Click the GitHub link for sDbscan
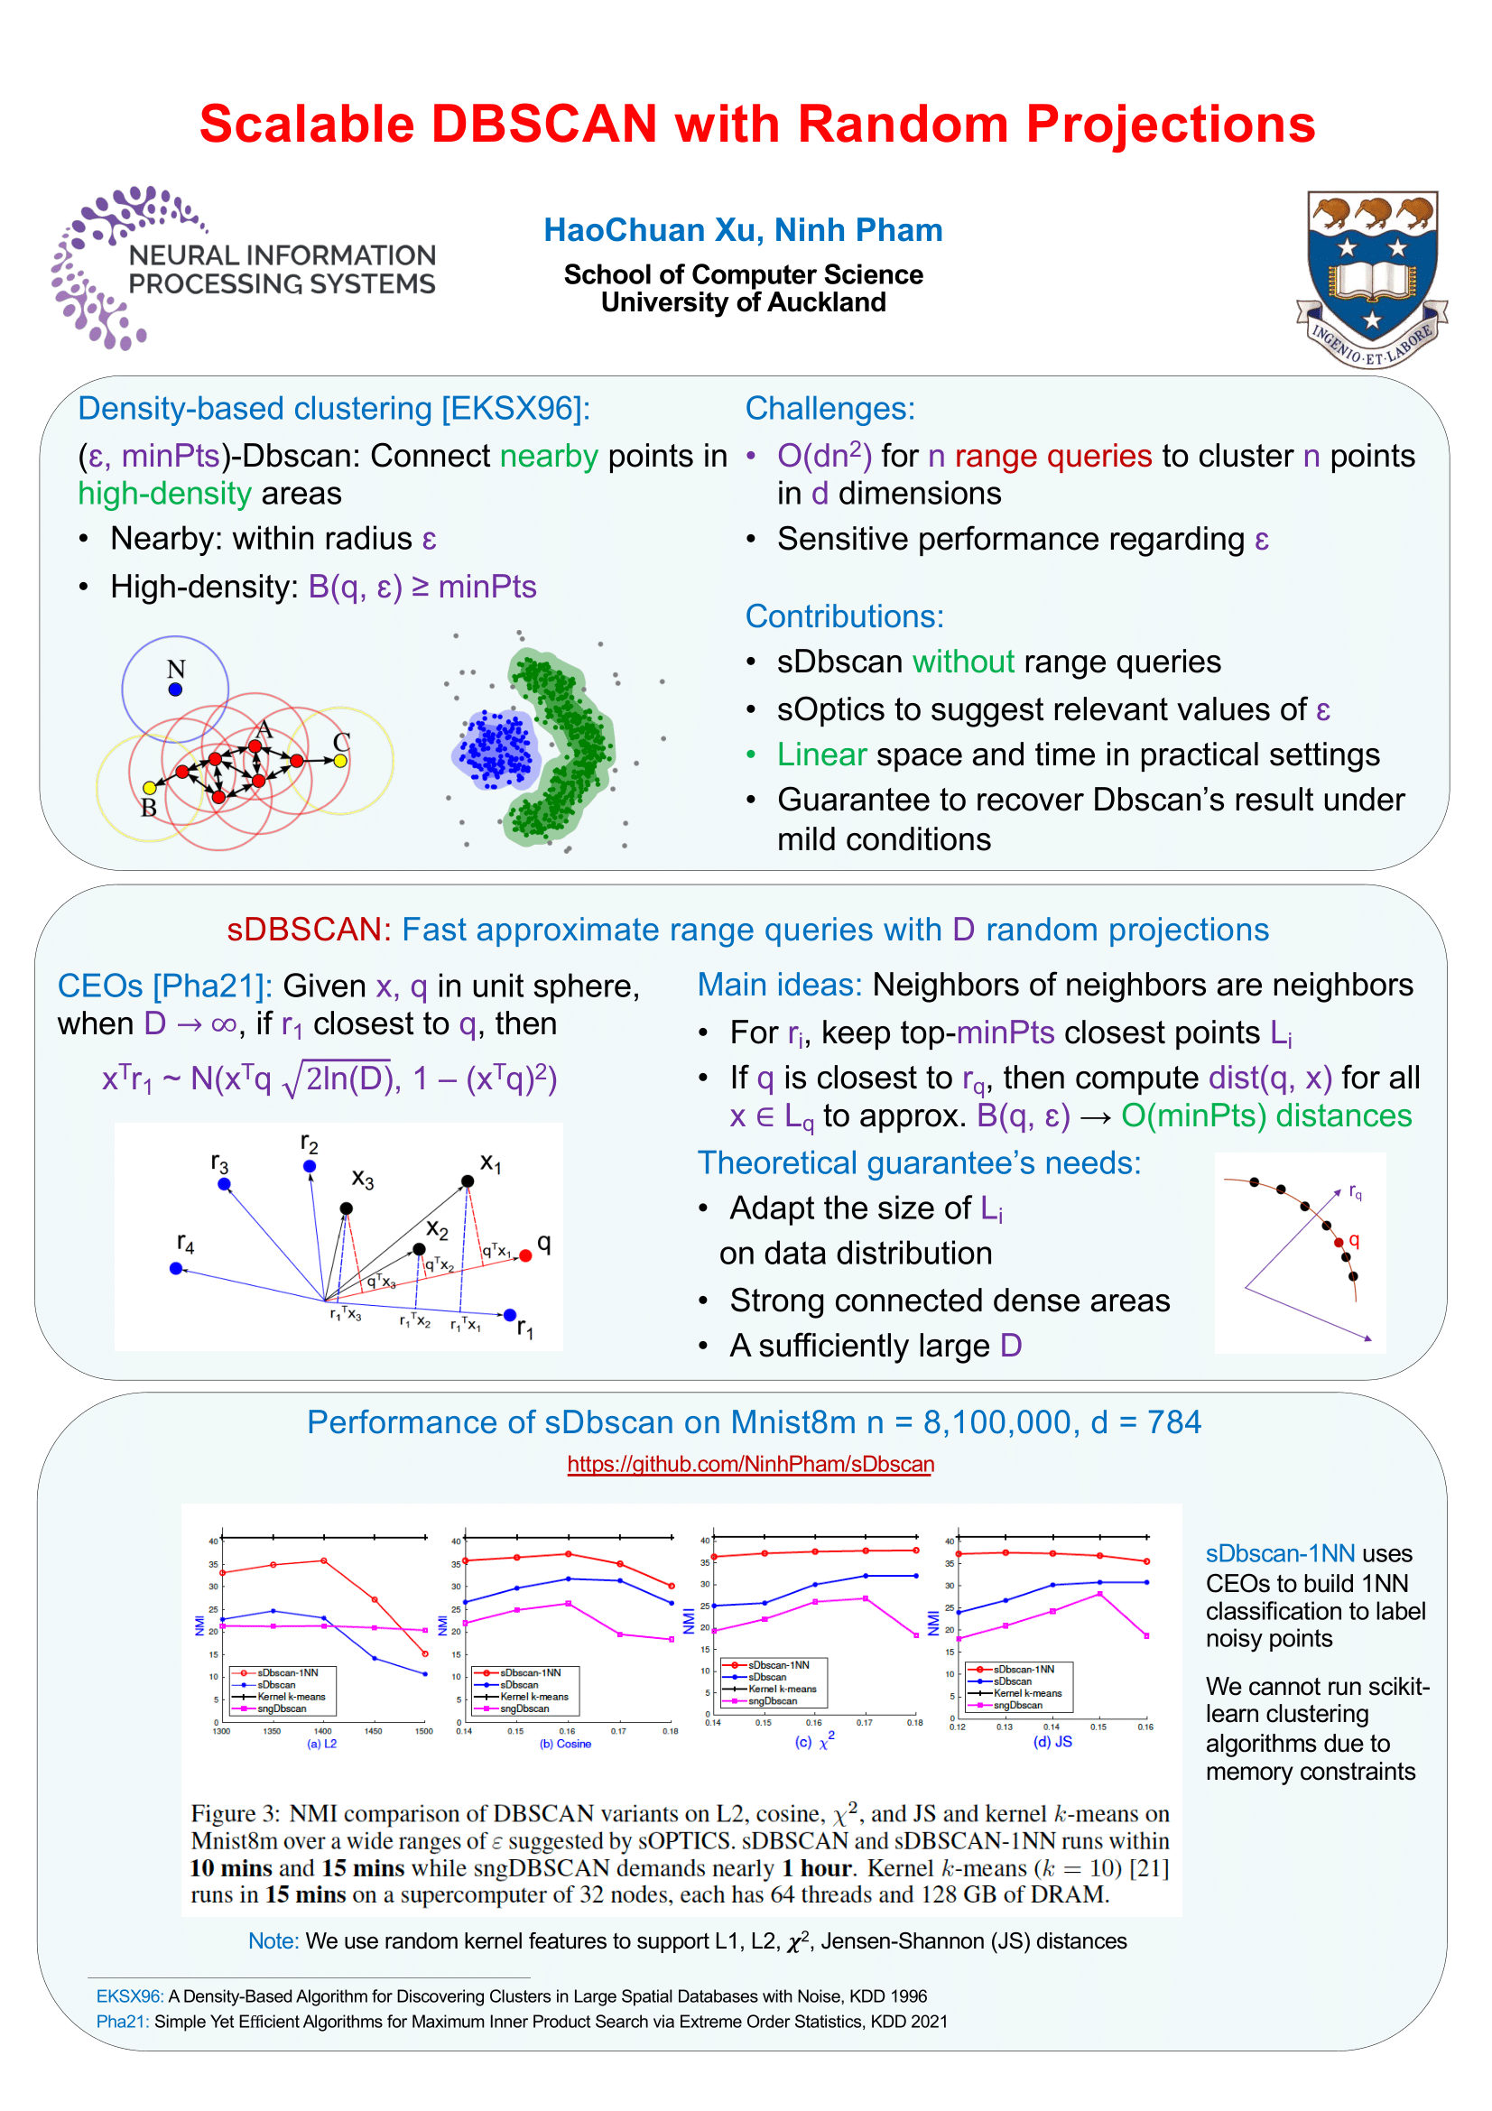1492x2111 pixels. [x=750, y=1464]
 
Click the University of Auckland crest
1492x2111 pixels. [x=1371, y=278]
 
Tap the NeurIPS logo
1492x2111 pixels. [x=244, y=268]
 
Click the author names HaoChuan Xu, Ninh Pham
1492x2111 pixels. [x=743, y=230]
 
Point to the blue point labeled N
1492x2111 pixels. [x=176, y=690]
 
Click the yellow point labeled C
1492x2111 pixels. [x=340, y=760]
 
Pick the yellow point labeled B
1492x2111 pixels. [x=150, y=788]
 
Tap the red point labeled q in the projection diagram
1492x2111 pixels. [x=526, y=1256]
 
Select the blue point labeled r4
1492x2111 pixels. [x=176, y=1269]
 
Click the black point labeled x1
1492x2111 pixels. [x=468, y=1181]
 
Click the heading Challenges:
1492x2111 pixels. [x=829, y=408]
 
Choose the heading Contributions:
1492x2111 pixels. [x=844, y=616]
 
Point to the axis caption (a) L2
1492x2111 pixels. [x=321, y=1745]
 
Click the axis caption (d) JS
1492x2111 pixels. [x=1052, y=1742]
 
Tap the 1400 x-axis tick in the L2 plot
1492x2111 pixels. [x=322, y=1731]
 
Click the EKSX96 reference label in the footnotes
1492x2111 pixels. [x=130, y=1996]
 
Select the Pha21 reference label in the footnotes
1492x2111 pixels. [x=122, y=2022]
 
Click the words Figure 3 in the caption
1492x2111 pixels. [x=235, y=1814]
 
